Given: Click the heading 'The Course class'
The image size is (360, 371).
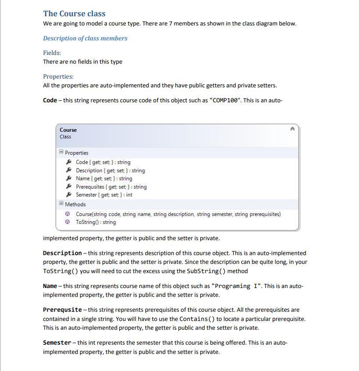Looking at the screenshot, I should tap(74, 14).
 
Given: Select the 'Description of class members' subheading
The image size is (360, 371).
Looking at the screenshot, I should tap(85, 38).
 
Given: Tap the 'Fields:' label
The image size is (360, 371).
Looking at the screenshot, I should tap(52, 53).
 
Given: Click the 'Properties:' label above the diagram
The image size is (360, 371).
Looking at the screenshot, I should tap(58, 76).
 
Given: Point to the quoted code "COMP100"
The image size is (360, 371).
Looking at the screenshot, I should tap(226, 100).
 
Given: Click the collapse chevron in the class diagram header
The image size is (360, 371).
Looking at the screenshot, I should tap(292, 129).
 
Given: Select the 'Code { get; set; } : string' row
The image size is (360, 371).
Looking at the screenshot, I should tap(103, 162).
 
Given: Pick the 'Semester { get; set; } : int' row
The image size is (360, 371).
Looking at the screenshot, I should tap(104, 195).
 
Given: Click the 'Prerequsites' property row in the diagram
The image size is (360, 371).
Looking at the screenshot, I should tap(111, 187).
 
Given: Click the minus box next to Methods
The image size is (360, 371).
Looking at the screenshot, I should tap(61, 203).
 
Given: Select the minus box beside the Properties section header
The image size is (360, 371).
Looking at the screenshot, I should tap(61, 152).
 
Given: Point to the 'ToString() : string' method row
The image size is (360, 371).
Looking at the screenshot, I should tap(96, 222).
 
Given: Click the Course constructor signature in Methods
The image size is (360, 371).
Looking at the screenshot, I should tap(178, 214).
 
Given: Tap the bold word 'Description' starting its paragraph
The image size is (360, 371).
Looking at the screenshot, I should tap(62, 253).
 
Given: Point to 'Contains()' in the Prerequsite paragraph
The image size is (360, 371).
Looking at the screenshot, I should tap(197, 319).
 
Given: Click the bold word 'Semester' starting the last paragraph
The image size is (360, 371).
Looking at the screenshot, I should tap(57, 342).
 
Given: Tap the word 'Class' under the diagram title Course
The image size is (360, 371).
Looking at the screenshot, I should tap(65, 137).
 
